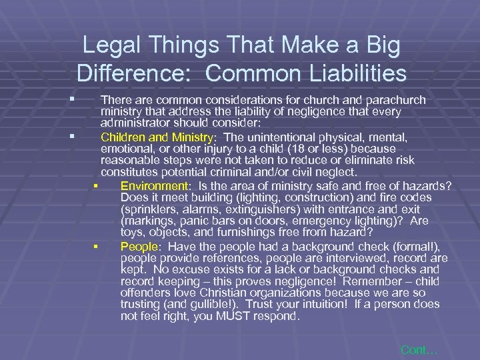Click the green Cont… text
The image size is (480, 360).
[419, 349]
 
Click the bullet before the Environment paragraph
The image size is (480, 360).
[97, 187]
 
